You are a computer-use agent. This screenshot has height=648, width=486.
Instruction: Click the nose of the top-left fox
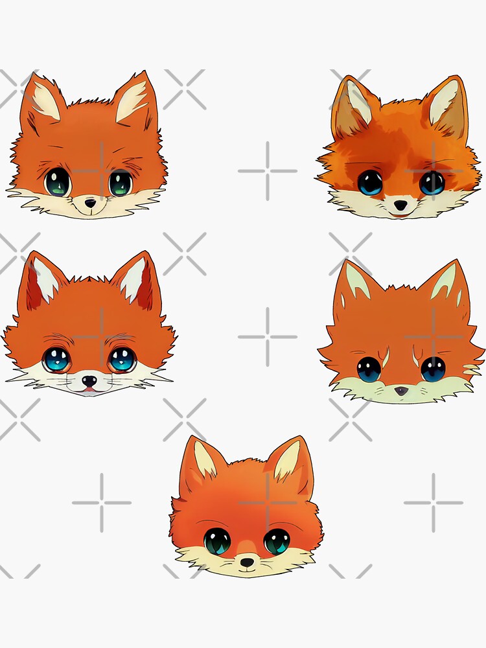pyautogui.click(x=90, y=203)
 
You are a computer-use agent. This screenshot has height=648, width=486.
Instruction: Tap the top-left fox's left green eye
pyautogui.click(x=58, y=182)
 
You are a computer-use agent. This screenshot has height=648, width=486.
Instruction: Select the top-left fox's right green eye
pyautogui.click(x=120, y=183)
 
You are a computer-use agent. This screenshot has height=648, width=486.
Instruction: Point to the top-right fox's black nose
pyautogui.click(x=402, y=205)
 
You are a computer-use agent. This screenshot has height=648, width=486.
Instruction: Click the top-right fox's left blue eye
pyautogui.click(x=370, y=183)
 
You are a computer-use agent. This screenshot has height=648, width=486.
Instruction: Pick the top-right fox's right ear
pyautogui.click(x=446, y=105)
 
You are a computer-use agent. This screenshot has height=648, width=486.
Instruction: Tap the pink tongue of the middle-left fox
pyautogui.click(x=89, y=391)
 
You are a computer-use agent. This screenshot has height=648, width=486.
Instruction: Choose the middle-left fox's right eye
pyautogui.click(x=121, y=360)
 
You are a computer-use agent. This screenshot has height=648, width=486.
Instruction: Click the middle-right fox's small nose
pyautogui.click(x=402, y=390)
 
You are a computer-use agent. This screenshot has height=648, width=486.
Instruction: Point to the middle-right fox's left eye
pyautogui.click(x=369, y=369)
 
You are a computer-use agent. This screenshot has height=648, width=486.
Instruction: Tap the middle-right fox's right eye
pyautogui.click(x=433, y=369)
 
